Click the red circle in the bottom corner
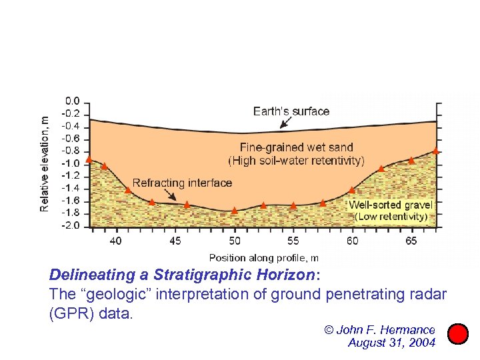pos(457,333)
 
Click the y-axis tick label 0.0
pos(72,101)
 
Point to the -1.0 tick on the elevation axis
pos(71,163)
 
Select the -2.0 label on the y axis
pos(71,225)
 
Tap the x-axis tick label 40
pos(116,240)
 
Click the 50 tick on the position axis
pos(235,240)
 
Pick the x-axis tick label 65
pos(411,240)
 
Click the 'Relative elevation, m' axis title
pos(45,163)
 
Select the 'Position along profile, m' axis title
pos(263,257)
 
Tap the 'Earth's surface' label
pos(291,111)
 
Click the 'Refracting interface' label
pos(182,183)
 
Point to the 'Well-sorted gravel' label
pos(391,205)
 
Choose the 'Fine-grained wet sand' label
pos(297,147)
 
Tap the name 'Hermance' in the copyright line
pos(408,329)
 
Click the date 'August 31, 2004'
pos(391,343)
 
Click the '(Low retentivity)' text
pos(391,217)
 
